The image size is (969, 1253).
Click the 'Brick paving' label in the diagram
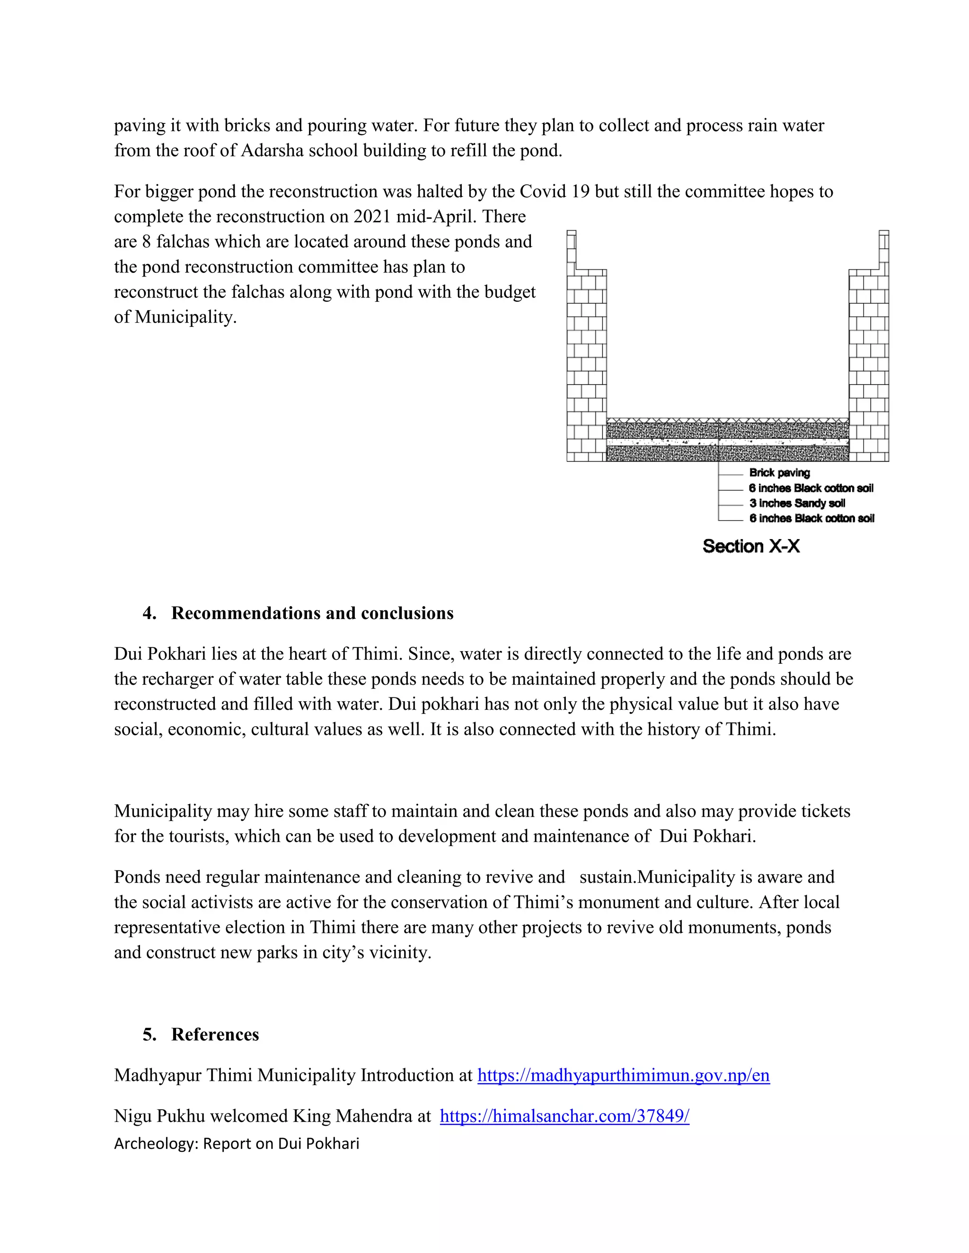pyautogui.click(x=779, y=473)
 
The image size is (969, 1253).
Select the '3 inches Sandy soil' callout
pyautogui.click(x=797, y=503)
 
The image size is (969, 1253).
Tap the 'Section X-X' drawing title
pyautogui.click(x=751, y=546)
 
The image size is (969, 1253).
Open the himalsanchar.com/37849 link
pyautogui.click(x=564, y=1116)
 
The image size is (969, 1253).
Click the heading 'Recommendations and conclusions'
pyautogui.click(x=312, y=613)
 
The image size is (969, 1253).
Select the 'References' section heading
pyautogui.click(x=215, y=1035)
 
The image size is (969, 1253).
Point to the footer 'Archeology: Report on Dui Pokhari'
pyautogui.click(x=237, y=1143)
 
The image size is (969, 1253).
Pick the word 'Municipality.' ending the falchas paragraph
pyautogui.click(x=185, y=317)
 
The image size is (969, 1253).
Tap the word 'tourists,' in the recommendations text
pyautogui.click(x=195, y=836)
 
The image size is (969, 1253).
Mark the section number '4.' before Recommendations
pyautogui.click(x=149, y=613)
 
